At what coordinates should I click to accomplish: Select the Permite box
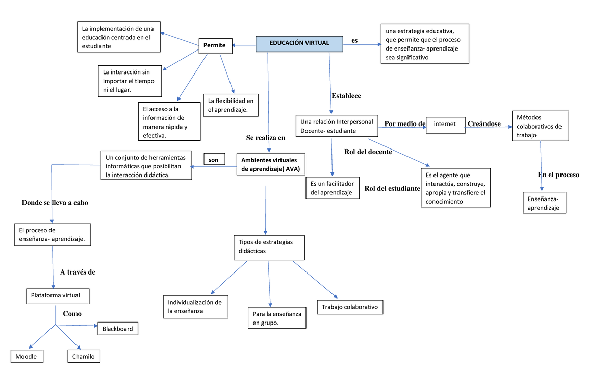215,45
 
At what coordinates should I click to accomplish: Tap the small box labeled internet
445,125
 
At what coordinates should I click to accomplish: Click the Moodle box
27,356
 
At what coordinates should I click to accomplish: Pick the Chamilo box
84,356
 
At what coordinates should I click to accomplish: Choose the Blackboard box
117,329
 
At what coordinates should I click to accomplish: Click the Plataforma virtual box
53,295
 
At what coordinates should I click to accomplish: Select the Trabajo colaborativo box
349,307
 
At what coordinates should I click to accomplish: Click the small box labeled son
214,160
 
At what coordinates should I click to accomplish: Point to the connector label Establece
346,96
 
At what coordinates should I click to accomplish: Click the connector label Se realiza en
265,138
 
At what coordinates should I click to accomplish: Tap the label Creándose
484,124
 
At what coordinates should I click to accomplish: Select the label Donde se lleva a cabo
55,203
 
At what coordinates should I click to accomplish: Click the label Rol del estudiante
392,189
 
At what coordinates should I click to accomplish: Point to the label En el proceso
558,175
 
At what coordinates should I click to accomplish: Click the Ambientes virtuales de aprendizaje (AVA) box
270,164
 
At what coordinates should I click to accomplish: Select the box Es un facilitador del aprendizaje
332,188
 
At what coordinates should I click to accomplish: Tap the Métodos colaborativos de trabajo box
540,126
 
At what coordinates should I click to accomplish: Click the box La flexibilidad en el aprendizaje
231,105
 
